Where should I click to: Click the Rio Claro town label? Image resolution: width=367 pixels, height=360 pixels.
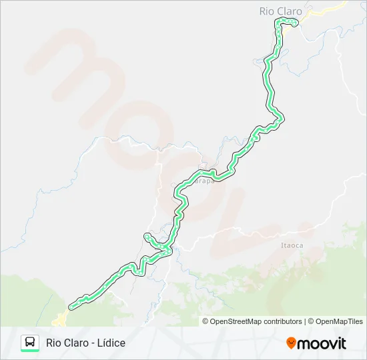click(x=280, y=11)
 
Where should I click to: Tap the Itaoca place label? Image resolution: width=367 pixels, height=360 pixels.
click(x=292, y=245)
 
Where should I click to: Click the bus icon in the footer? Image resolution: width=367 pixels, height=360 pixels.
click(x=30, y=341)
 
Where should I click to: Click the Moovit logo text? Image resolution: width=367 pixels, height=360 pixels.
click(x=322, y=343)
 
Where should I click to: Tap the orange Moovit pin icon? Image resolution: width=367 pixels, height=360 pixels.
click(x=291, y=343)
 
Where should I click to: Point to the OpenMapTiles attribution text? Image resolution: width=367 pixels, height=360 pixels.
click(x=339, y=321)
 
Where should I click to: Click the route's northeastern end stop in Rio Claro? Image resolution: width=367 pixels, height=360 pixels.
click(x=294, y=24)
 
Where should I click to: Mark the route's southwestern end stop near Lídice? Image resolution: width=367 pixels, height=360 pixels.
click(x=71, y=307)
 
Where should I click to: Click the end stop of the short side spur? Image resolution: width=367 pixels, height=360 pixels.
click(x=145, y=236)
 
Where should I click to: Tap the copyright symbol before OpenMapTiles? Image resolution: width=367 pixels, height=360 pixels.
click(x=310, y=321)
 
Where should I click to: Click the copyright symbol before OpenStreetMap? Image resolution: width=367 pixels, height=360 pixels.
click(x=206, y=321)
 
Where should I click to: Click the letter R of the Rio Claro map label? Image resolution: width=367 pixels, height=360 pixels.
click(x=263, y=11)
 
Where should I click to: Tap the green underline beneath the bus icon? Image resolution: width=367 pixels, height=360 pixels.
click(x=30, y=351)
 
